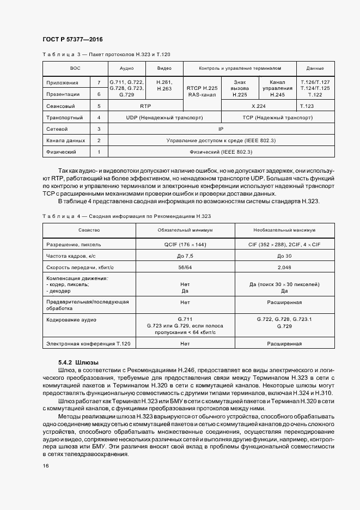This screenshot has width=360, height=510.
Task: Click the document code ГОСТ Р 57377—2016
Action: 72,40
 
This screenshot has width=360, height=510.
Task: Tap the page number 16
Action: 45,466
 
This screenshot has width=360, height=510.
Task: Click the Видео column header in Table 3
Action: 164,69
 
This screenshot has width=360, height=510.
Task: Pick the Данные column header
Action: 315,69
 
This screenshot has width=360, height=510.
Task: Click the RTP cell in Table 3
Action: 145,106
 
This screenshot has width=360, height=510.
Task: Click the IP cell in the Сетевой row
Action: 221,129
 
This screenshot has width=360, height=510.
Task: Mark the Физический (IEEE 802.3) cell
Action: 221,151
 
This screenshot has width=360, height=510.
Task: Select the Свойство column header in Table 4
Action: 88,230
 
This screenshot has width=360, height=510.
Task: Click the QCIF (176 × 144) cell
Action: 185,245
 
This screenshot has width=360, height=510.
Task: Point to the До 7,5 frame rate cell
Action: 185,256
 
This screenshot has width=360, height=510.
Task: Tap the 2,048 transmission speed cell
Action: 284,267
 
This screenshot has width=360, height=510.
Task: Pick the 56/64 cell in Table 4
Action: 185,267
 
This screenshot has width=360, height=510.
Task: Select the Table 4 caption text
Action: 126,216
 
